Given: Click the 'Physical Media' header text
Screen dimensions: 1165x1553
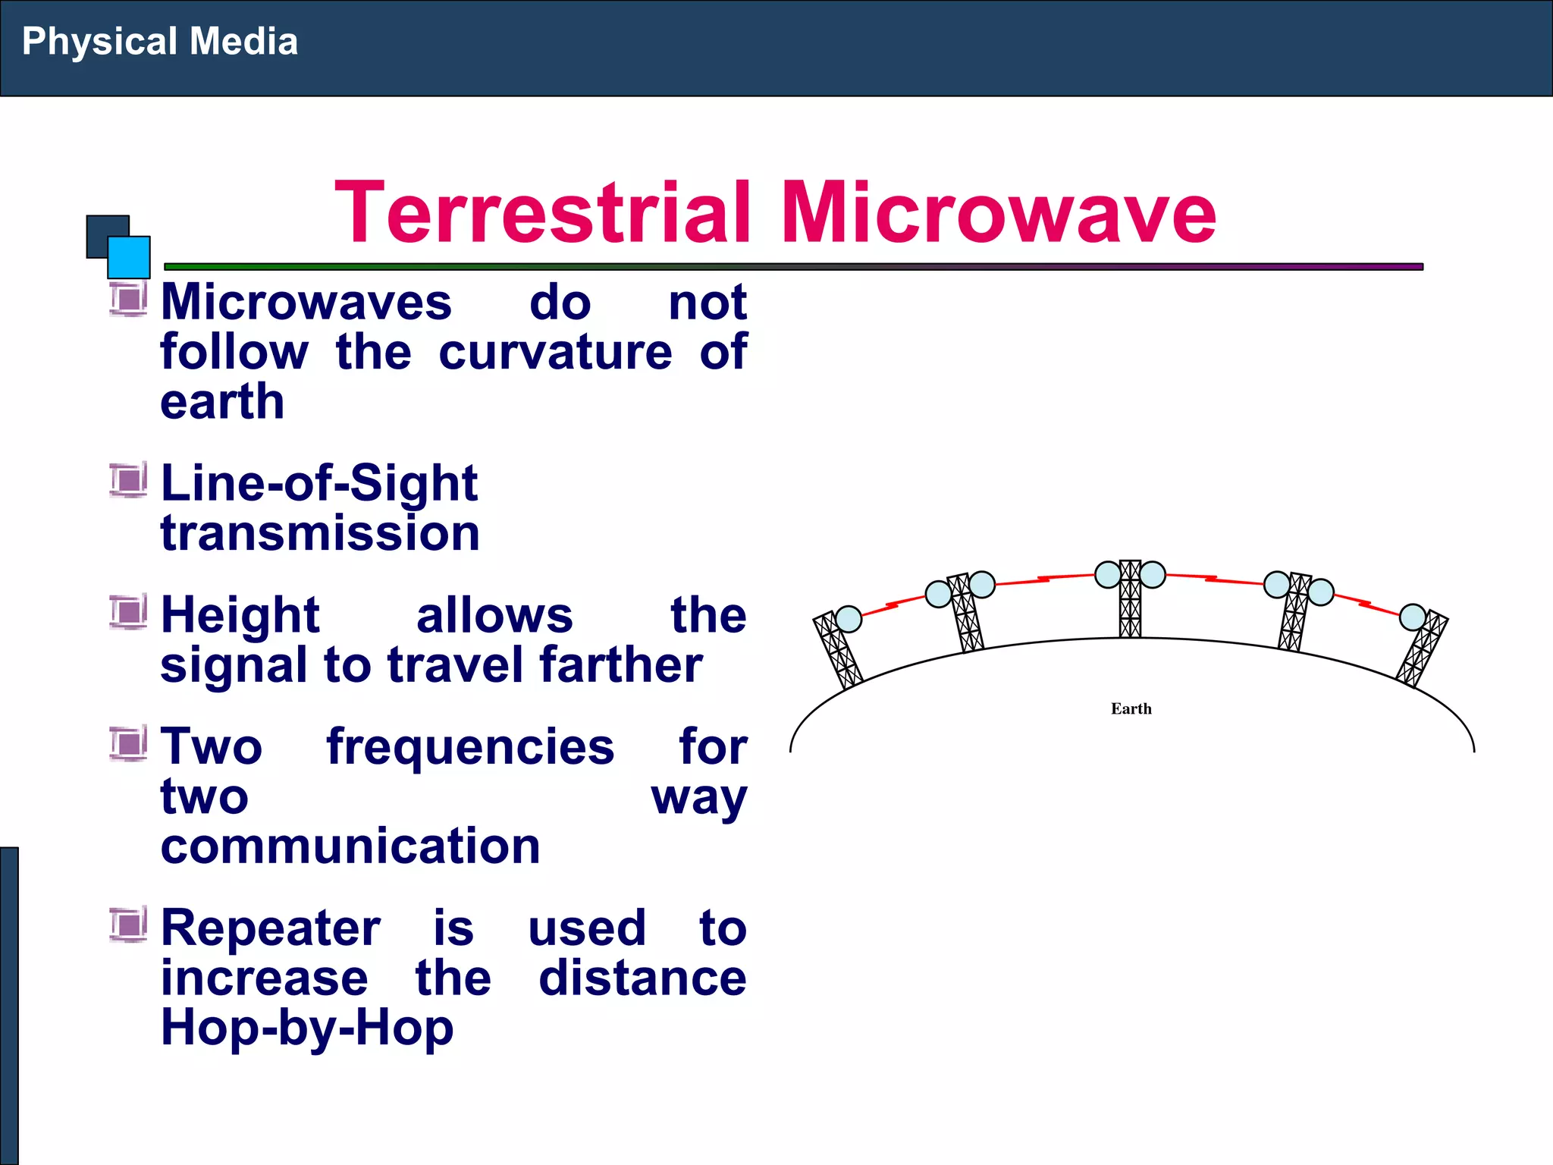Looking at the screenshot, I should tap(159, 42).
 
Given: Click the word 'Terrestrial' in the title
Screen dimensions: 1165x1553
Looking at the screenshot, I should tap(543, 213).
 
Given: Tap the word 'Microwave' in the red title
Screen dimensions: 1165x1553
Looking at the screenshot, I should tap(998, 213).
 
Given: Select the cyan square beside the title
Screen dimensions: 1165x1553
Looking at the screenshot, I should tap(129, 257).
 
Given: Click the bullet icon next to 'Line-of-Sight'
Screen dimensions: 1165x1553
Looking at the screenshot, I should tap(127, 480).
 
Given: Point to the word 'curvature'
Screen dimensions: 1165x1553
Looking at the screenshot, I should tap(555, 353).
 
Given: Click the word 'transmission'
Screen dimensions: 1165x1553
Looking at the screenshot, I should tap(320, 533).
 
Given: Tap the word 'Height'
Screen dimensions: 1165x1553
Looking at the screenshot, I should tap(240, 615).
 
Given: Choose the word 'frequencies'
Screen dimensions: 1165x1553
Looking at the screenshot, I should tap(470, 747).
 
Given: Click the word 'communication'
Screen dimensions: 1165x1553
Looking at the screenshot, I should tap(350, 846).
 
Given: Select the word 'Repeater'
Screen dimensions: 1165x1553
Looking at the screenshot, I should tap(271, 928).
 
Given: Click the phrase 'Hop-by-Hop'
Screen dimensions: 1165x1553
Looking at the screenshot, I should tap(307, 1028).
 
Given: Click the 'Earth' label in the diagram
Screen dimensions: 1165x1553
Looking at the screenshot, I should tap(1131, 709).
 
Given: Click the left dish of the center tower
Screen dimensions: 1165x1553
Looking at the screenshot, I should tap(1108, 575).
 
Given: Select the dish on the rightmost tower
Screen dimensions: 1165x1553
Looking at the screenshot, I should tap(1412, 617).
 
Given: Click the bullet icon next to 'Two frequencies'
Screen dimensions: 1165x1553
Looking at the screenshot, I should tap(127, 743).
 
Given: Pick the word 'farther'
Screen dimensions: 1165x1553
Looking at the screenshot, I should tap(621, 666).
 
